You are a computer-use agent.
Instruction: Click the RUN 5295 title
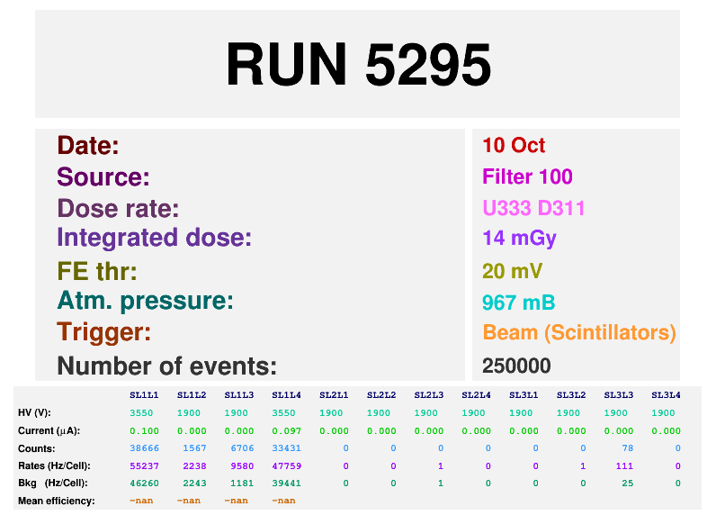tap(358, 65)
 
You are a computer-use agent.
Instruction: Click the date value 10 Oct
tap(514, 146)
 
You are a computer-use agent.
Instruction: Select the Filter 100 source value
tap(527, 176)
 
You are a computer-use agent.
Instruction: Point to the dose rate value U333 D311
tap(533, 208)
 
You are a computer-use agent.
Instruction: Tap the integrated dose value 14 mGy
tap(519, 239)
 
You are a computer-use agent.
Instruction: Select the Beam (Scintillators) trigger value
tap(578, 332)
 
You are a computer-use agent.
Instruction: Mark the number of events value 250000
tap(516, 366)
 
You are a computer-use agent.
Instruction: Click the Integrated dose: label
tap(154, 239)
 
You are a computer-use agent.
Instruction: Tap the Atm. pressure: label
tap(145, 302)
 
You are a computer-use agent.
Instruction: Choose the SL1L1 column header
tap(144, 395)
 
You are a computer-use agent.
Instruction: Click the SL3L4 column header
tap(666, 395)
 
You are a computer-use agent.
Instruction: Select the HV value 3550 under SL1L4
tap(286, 412)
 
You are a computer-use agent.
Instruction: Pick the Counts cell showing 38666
tap(144, 447)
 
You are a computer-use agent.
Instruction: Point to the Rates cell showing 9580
tap(238, 465)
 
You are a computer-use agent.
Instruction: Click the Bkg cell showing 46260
tap(144, 483)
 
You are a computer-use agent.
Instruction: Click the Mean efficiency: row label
tap(56, 501)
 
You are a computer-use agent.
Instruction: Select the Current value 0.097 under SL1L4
tap(286, 430)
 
